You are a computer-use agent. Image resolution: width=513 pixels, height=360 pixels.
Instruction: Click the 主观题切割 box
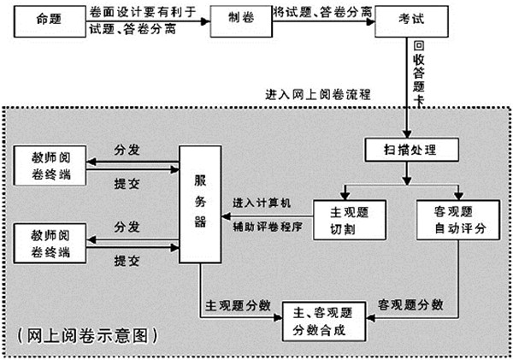coord(349,220)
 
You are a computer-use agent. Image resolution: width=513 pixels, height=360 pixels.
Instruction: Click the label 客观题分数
coord(410,304)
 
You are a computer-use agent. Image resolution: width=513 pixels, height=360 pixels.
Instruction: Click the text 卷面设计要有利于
coord(141,11)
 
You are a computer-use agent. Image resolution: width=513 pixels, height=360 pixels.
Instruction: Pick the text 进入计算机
coord(262,204)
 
